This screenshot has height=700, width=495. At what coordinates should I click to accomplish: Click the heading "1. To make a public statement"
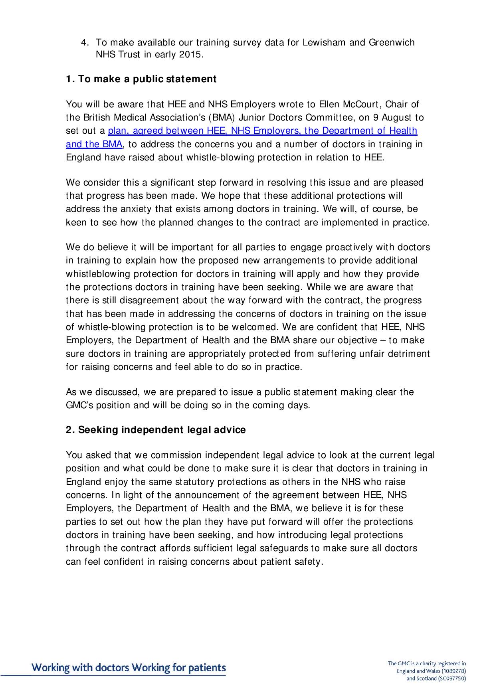(141, 79)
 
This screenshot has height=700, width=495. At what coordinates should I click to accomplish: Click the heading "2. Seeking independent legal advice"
(156, 430)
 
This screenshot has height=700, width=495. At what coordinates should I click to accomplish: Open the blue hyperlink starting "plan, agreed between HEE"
(262, 131)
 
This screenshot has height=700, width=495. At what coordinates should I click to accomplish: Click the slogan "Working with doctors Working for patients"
(129, 667)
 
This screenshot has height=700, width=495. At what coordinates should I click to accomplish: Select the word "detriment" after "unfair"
(410, 354)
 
